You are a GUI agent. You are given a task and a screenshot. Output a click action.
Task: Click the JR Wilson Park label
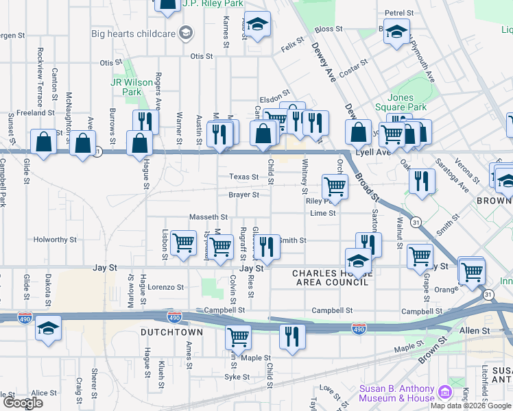coord(132,87)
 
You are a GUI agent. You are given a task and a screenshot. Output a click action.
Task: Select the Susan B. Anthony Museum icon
coord(445,393)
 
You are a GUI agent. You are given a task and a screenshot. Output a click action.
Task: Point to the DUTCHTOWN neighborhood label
coord(171,332)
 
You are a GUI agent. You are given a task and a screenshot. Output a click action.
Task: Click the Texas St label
coord(243,177)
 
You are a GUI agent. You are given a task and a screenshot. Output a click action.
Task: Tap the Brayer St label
coord(243,195)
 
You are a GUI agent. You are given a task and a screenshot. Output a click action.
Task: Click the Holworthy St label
coord(56,240)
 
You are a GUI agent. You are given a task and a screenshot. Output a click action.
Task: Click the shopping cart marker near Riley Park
coord(335,186)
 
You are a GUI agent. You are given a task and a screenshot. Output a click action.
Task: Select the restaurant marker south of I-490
coord(292,336)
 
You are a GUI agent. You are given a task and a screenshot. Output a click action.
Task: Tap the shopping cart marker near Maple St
coord(238,336)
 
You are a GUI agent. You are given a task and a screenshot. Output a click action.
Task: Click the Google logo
coord(23,403)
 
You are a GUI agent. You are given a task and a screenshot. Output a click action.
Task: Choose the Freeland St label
coord(35,112)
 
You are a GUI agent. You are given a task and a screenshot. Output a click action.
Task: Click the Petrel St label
coord(399,13)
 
